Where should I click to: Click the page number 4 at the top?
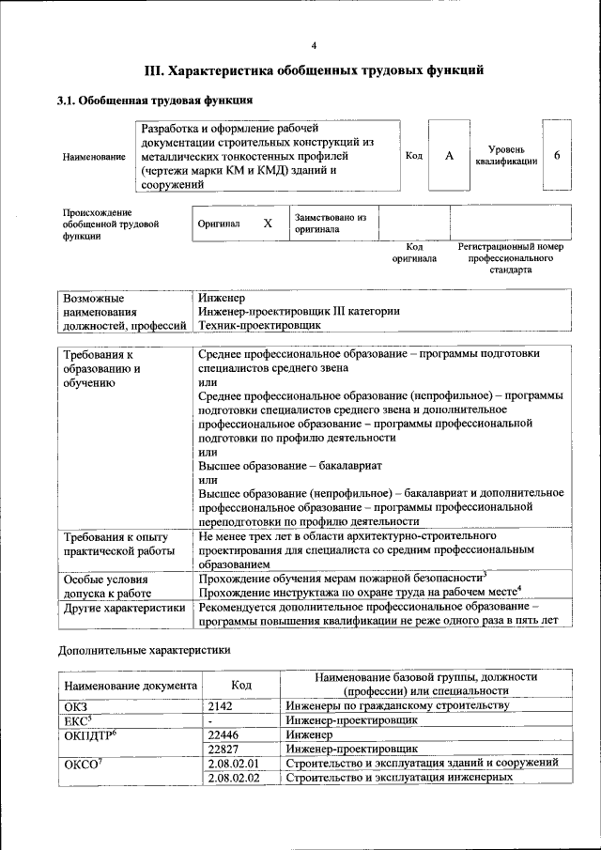click(x=314, y=46)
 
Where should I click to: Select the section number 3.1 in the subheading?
click(x=68, y=100)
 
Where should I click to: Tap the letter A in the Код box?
click(x=449, y=156)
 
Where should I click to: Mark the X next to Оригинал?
click(x=268, y=224)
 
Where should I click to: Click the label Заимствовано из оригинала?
click(x=330, y=224)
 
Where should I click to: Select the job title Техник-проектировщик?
click(x=260, y=325)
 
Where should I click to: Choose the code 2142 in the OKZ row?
click(x=220, y=705)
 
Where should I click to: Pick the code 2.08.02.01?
click(x=232, y=764)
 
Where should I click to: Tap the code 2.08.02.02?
click(x=232, y=779)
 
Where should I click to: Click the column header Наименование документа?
click(x=130, y=685)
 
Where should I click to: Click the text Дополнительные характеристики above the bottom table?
click(x=144, y=649)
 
